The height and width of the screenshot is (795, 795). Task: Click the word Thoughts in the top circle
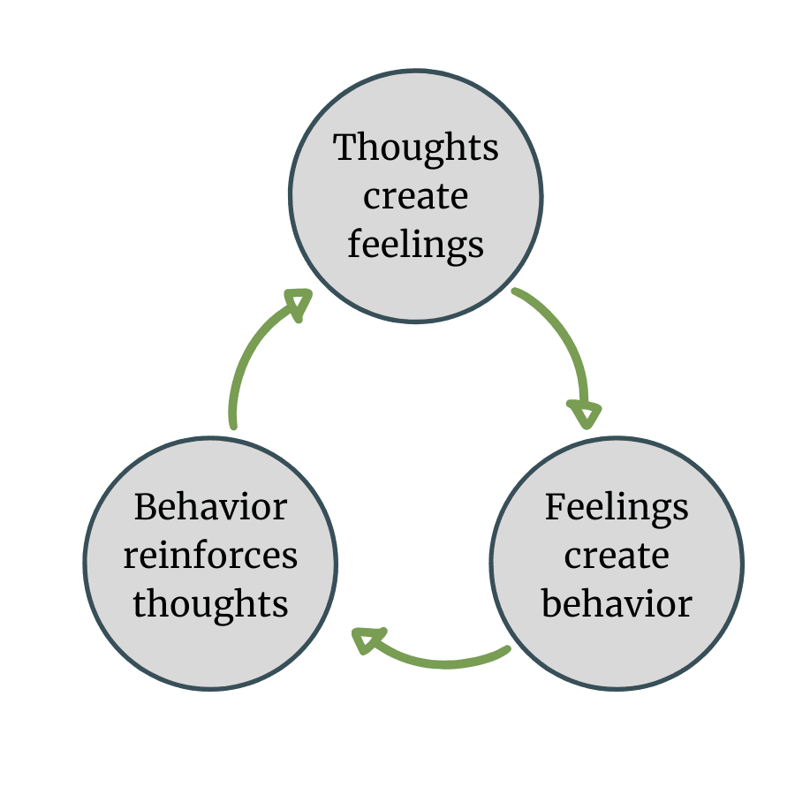416,148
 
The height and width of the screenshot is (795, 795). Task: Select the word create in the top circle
416,196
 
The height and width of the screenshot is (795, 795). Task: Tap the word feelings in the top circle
416,245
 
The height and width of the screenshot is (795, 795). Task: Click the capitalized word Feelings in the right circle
617,508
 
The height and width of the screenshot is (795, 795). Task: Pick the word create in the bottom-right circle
617,556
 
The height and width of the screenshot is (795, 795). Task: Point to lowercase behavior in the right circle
617,604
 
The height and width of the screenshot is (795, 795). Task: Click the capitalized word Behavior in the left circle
210,508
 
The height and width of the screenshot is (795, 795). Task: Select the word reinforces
210,556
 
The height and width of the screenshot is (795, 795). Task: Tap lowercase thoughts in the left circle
210,604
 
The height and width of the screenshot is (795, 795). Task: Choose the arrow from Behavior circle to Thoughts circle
247,353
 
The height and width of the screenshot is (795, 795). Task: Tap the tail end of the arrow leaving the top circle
516,292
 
